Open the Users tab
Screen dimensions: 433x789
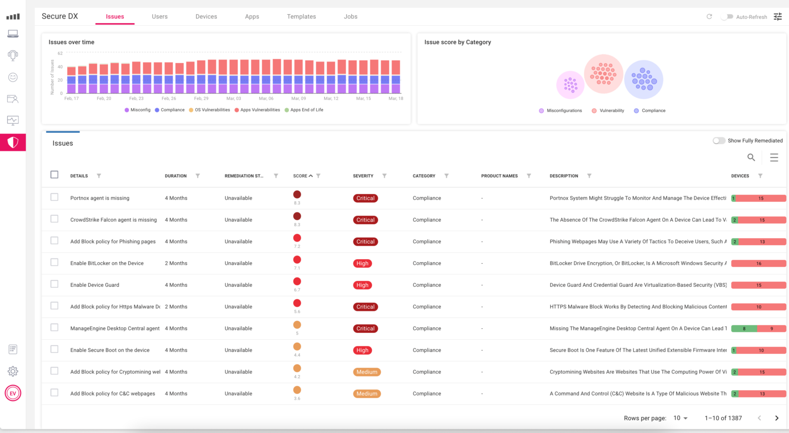(159, 16)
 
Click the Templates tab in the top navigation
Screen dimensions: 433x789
(301, 16)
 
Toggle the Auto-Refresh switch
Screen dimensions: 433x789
(727, 17)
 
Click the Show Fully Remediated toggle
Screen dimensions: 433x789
(719, 141)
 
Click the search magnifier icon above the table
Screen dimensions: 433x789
(751, 158)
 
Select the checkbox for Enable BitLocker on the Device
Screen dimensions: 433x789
(54, 263)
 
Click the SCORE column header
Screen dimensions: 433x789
(300, 176)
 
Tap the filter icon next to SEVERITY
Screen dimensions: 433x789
(384, 176)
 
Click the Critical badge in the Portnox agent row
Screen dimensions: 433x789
(365, 198)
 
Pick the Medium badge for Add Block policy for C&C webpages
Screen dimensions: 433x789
(367, 394)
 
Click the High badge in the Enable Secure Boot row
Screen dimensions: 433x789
(362, 350)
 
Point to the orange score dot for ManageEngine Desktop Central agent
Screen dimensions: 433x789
(297, 325)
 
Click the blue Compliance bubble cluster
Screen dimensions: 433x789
(644, 80)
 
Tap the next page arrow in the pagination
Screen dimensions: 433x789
(777, 418)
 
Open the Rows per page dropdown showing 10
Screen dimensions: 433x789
(680, 418)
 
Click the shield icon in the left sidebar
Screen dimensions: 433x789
(13, 143)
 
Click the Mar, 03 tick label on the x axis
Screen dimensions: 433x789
(234, 99)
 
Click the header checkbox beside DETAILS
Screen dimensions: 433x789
(54, 174)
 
